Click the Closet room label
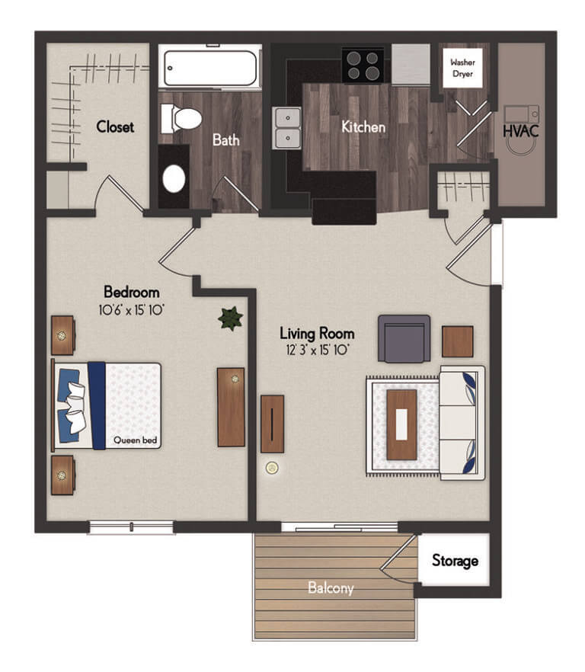coord(115,126)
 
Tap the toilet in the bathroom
coord(181,118)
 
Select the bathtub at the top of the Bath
coord(210,67)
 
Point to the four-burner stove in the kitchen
coord(364,65)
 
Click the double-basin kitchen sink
coord(286,128)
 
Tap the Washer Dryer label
coord(463,68)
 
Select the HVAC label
coord(521,131)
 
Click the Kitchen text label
coord(363,126)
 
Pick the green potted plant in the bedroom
coord(230,318)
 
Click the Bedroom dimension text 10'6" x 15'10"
coord(132,309)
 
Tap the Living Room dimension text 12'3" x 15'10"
coord(317,350)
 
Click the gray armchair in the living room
coord(404,338)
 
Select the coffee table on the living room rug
coord(401,424)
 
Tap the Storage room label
coord(455,561)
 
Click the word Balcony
coord(331,588)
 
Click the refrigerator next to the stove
coord(411,63)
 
